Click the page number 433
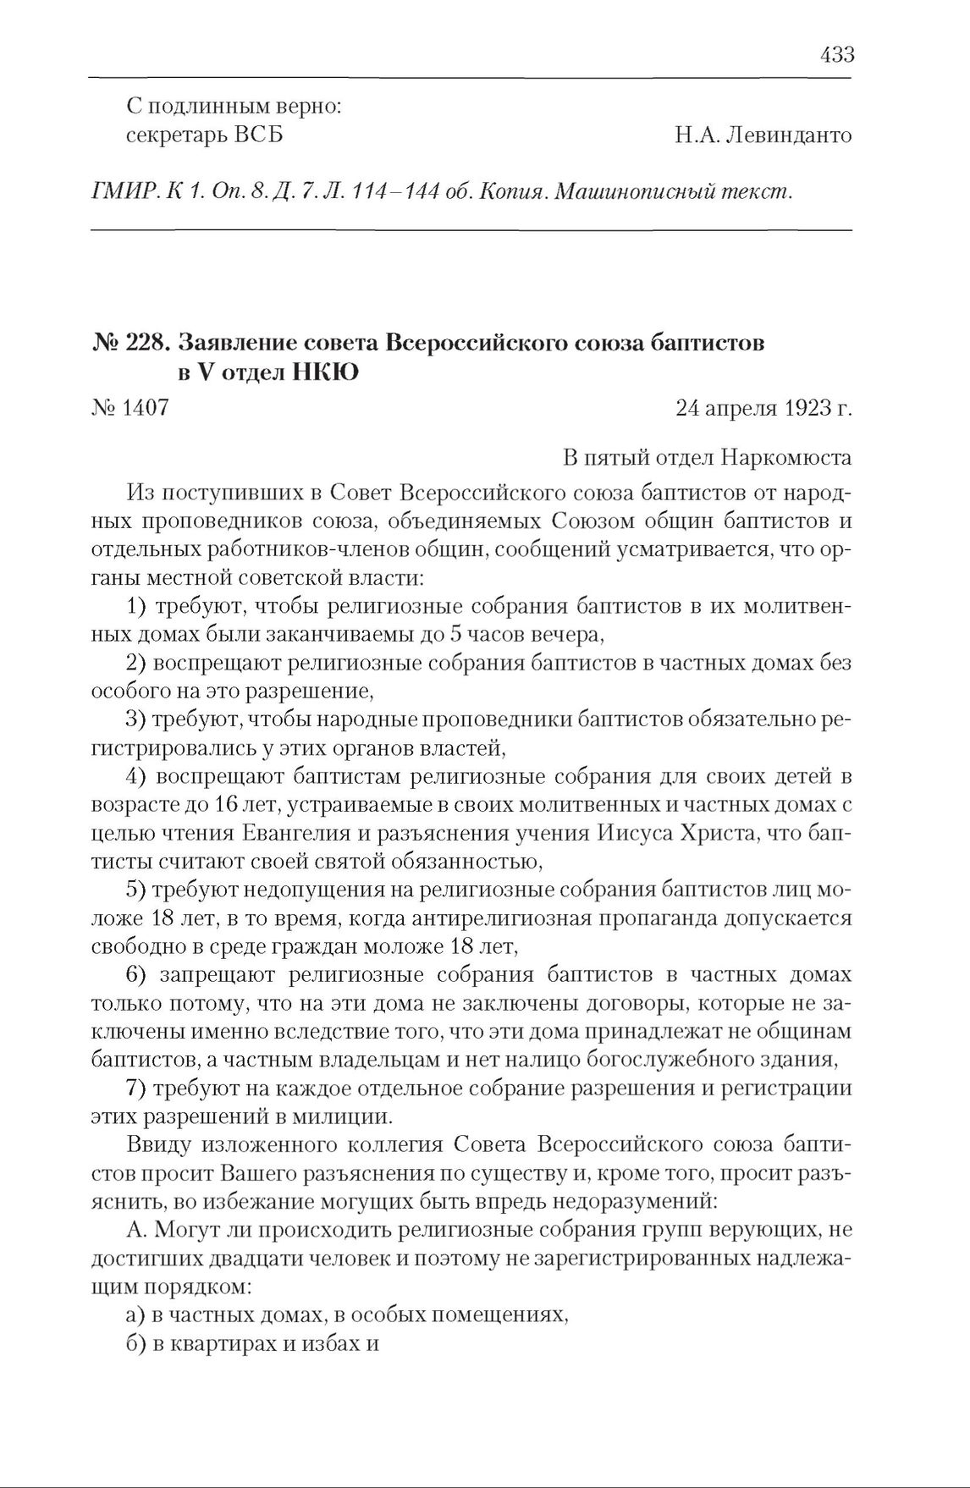pos(836,55)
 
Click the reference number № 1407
pos(130,409)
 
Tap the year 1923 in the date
pos(797,409)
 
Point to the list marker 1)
pos(136,606)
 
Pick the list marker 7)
pos(136,1088)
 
